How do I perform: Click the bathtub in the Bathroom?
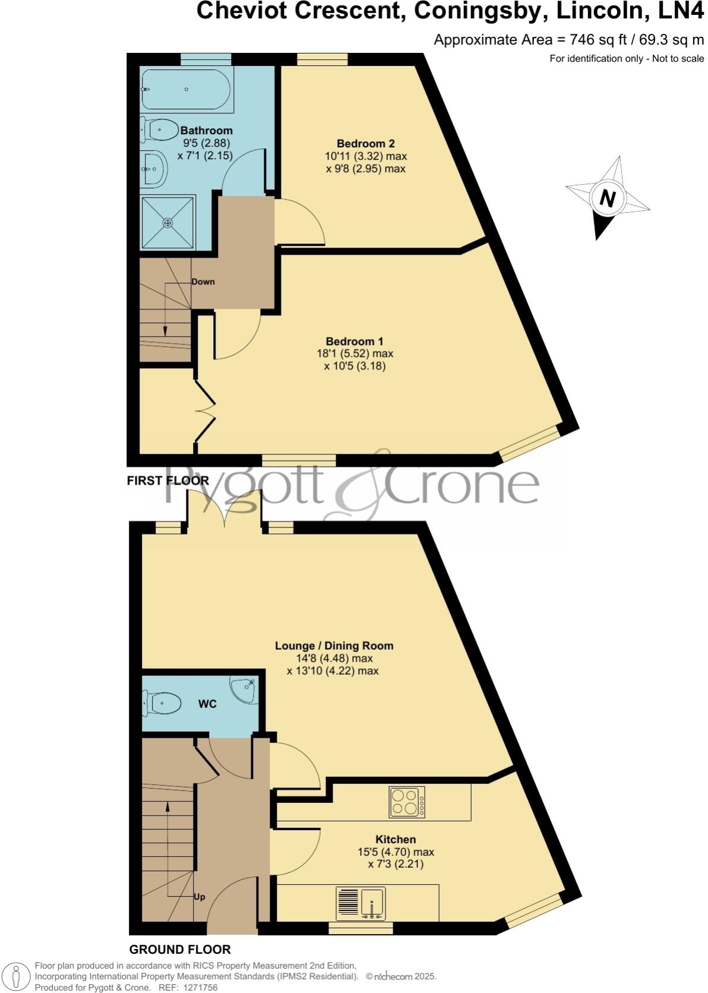coord(187,89)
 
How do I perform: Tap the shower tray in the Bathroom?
coord(168,223)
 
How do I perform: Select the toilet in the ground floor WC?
coord(162,704)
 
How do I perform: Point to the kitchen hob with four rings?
coord(407,802)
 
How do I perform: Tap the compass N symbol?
coord(606,198)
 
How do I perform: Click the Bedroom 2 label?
coord(365,143)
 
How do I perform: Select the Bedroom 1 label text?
coord(354,341)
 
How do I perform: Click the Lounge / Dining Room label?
coord(334,646)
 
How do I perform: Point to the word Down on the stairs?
coord(203,282)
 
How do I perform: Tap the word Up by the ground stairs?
coord(200,897)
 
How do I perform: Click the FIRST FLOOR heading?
coord(167,480)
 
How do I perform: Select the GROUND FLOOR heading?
coord(179,950)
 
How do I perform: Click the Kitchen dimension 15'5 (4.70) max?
coord(396,852)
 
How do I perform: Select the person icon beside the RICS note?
coord(17,976)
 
